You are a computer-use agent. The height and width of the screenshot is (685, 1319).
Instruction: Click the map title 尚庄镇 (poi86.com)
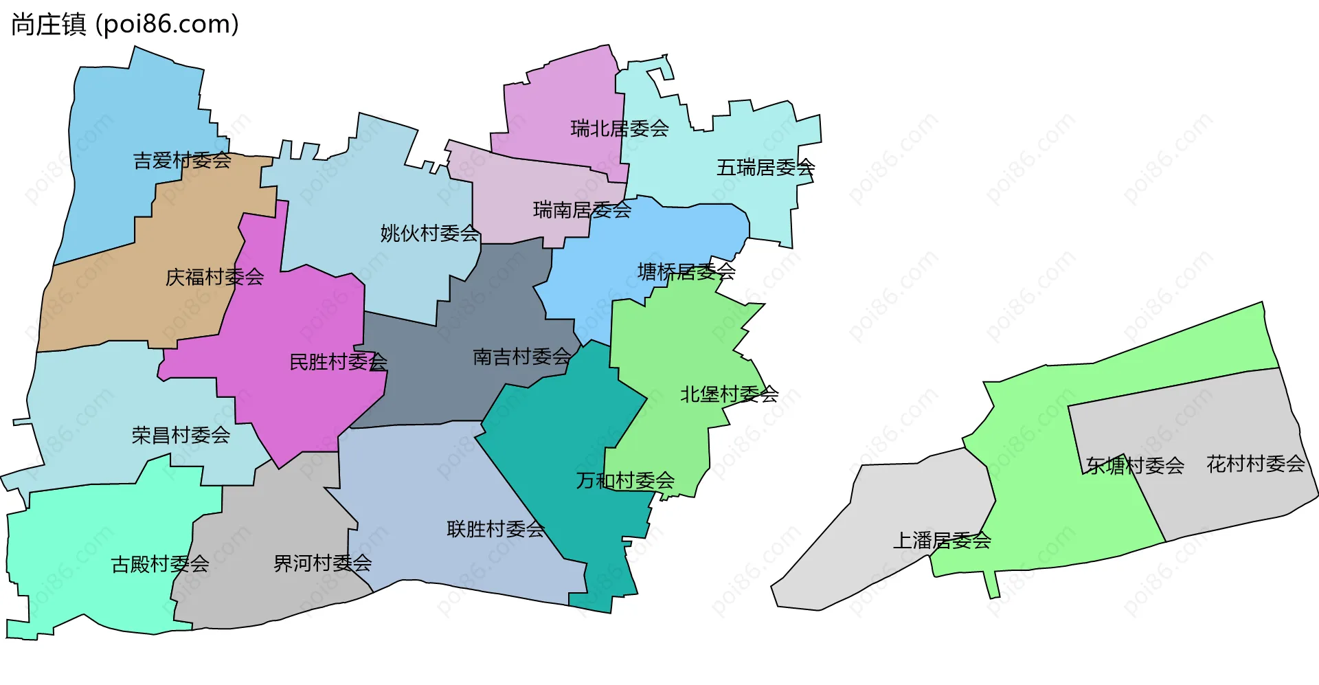click(125, 25)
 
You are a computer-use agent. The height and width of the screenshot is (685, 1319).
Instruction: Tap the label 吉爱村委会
click(182, 161)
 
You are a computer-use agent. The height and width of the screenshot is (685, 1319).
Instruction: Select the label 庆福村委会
click(215, 277)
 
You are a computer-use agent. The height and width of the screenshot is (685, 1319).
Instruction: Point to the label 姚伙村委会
click(430, 234)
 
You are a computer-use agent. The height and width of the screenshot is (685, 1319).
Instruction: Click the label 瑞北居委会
click(620, 128)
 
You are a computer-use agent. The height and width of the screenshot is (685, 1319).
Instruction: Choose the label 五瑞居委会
click(766, 168)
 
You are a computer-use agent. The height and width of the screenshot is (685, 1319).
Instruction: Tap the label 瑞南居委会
click(583, 210)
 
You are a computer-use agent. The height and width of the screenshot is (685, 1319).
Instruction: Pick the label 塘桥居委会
click(687, 272)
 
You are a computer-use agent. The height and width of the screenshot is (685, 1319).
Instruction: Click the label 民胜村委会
click(339, 362)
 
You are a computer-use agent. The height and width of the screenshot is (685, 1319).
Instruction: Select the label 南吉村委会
click(522, 357)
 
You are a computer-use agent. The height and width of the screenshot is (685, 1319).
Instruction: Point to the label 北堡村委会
click(730, 394)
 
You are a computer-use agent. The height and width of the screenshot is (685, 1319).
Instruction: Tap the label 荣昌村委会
click(181, 435)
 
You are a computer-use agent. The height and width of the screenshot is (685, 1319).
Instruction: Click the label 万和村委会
click(626, 480)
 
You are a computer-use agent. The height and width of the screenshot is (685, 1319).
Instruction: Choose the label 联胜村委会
click(496, 529)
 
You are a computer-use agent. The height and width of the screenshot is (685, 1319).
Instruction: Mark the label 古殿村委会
click(160, 564)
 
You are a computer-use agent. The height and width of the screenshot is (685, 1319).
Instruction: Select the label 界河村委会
click(323, 563)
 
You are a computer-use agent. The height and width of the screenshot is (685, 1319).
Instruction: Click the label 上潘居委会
click(942, 541)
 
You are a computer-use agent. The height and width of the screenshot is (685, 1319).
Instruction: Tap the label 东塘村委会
click(1136, 466)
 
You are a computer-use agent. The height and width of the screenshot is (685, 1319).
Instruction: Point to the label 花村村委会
click(1256, 464)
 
